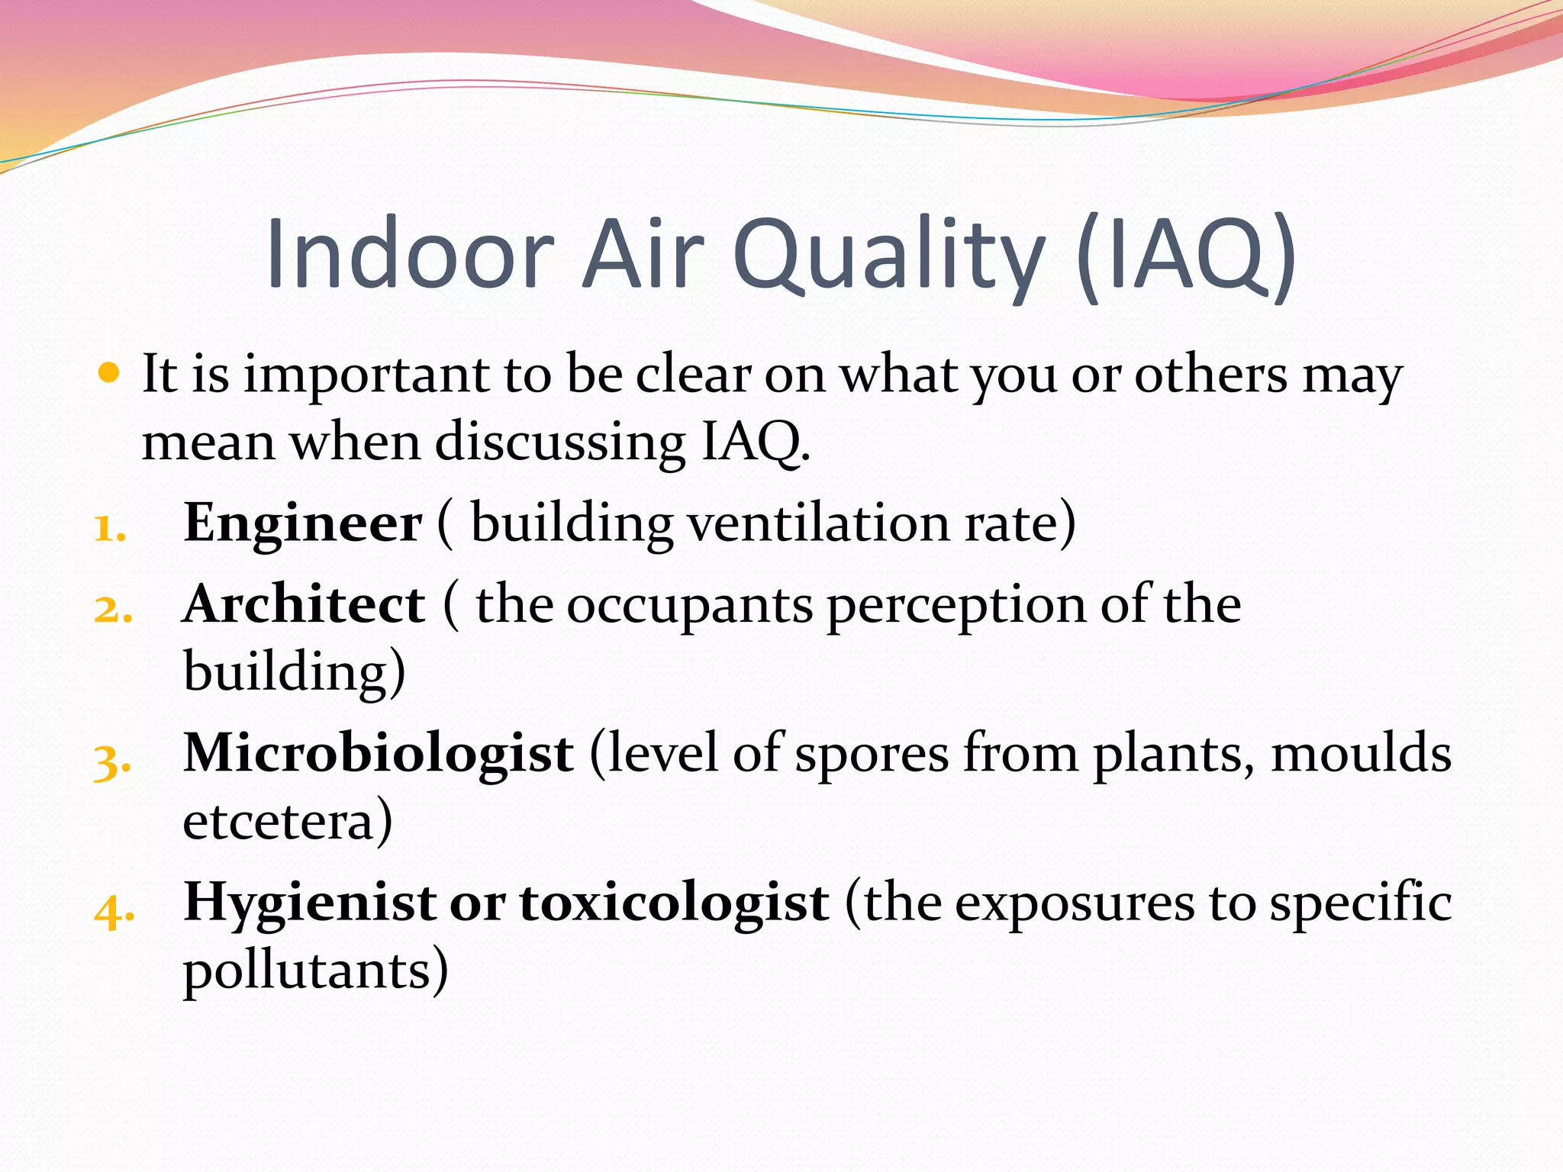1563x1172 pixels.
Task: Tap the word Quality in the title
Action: click(889, 256)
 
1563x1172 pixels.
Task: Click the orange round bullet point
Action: click(110, 373)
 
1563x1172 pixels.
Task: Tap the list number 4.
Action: click(114, 909)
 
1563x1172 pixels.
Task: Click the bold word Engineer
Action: click(302, 523)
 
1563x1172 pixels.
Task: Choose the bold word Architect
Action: click(304, 604)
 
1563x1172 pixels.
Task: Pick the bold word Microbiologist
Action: click(379, 754)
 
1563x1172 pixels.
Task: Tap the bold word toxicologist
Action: click(674, 903)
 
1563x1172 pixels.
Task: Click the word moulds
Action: click(1361, 754)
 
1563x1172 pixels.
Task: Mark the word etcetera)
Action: click(288, 821)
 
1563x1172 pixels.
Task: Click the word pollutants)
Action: click(315, 971)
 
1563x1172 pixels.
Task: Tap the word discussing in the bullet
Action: click(559, 443)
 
